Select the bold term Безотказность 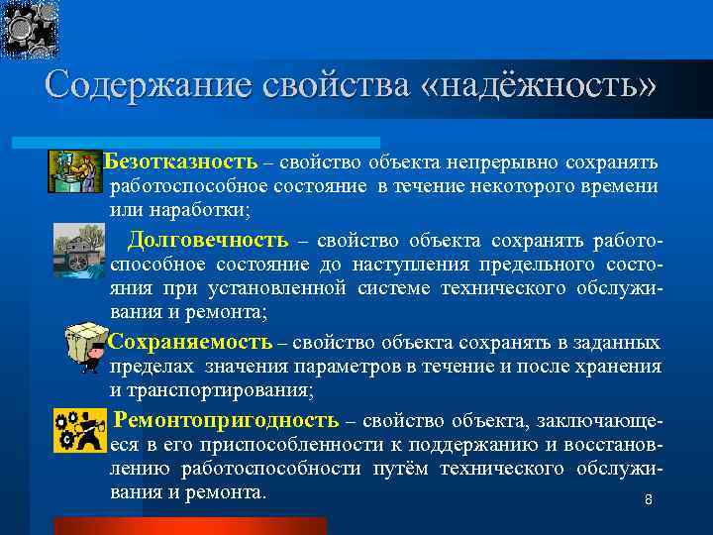point(181,161)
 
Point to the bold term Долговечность point(208,240)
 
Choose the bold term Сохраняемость point(189,343)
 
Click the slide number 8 point(649,500)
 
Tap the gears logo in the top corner point(30,29)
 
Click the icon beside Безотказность point(75,170)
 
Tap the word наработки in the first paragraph point(196,210)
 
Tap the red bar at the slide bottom point(189,525)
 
